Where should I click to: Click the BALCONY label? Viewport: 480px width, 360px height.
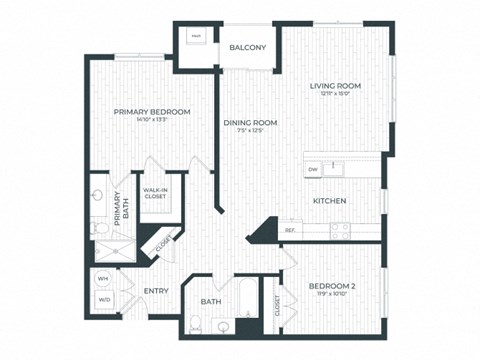click(247, 48)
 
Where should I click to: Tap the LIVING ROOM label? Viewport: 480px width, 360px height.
click(337, 86)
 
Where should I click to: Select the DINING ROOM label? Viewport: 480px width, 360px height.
click(250, 123)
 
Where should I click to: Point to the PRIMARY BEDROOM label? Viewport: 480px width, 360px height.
click(151, 111)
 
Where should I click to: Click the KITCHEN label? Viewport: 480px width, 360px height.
click(329, 201)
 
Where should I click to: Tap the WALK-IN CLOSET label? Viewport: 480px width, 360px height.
click(155, 193)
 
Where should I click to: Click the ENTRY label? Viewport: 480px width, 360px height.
click(155, 291)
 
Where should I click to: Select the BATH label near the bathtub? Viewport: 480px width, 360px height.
click(210, 301)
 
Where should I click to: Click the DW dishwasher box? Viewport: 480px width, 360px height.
click(313, 170)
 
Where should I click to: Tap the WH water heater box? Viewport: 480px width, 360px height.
click(103, 278)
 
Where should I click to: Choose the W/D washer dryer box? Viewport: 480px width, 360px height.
click(103, 299)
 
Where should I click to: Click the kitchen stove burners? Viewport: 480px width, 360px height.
click(341, 229)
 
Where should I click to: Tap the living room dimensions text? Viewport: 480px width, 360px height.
click(337, 96)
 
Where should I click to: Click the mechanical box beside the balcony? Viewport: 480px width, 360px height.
click(196, 39)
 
